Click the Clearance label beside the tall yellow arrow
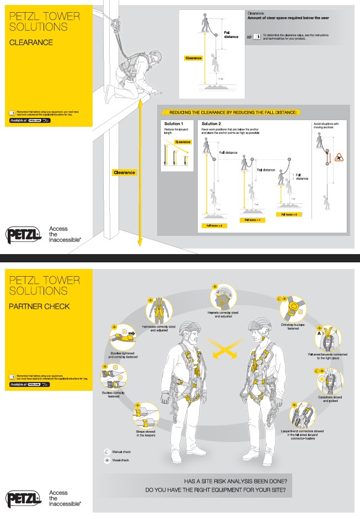click(x=124, y=173)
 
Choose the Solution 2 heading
click(x=211, y=124)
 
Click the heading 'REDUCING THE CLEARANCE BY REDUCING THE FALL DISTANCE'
click(x=233, y=112)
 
